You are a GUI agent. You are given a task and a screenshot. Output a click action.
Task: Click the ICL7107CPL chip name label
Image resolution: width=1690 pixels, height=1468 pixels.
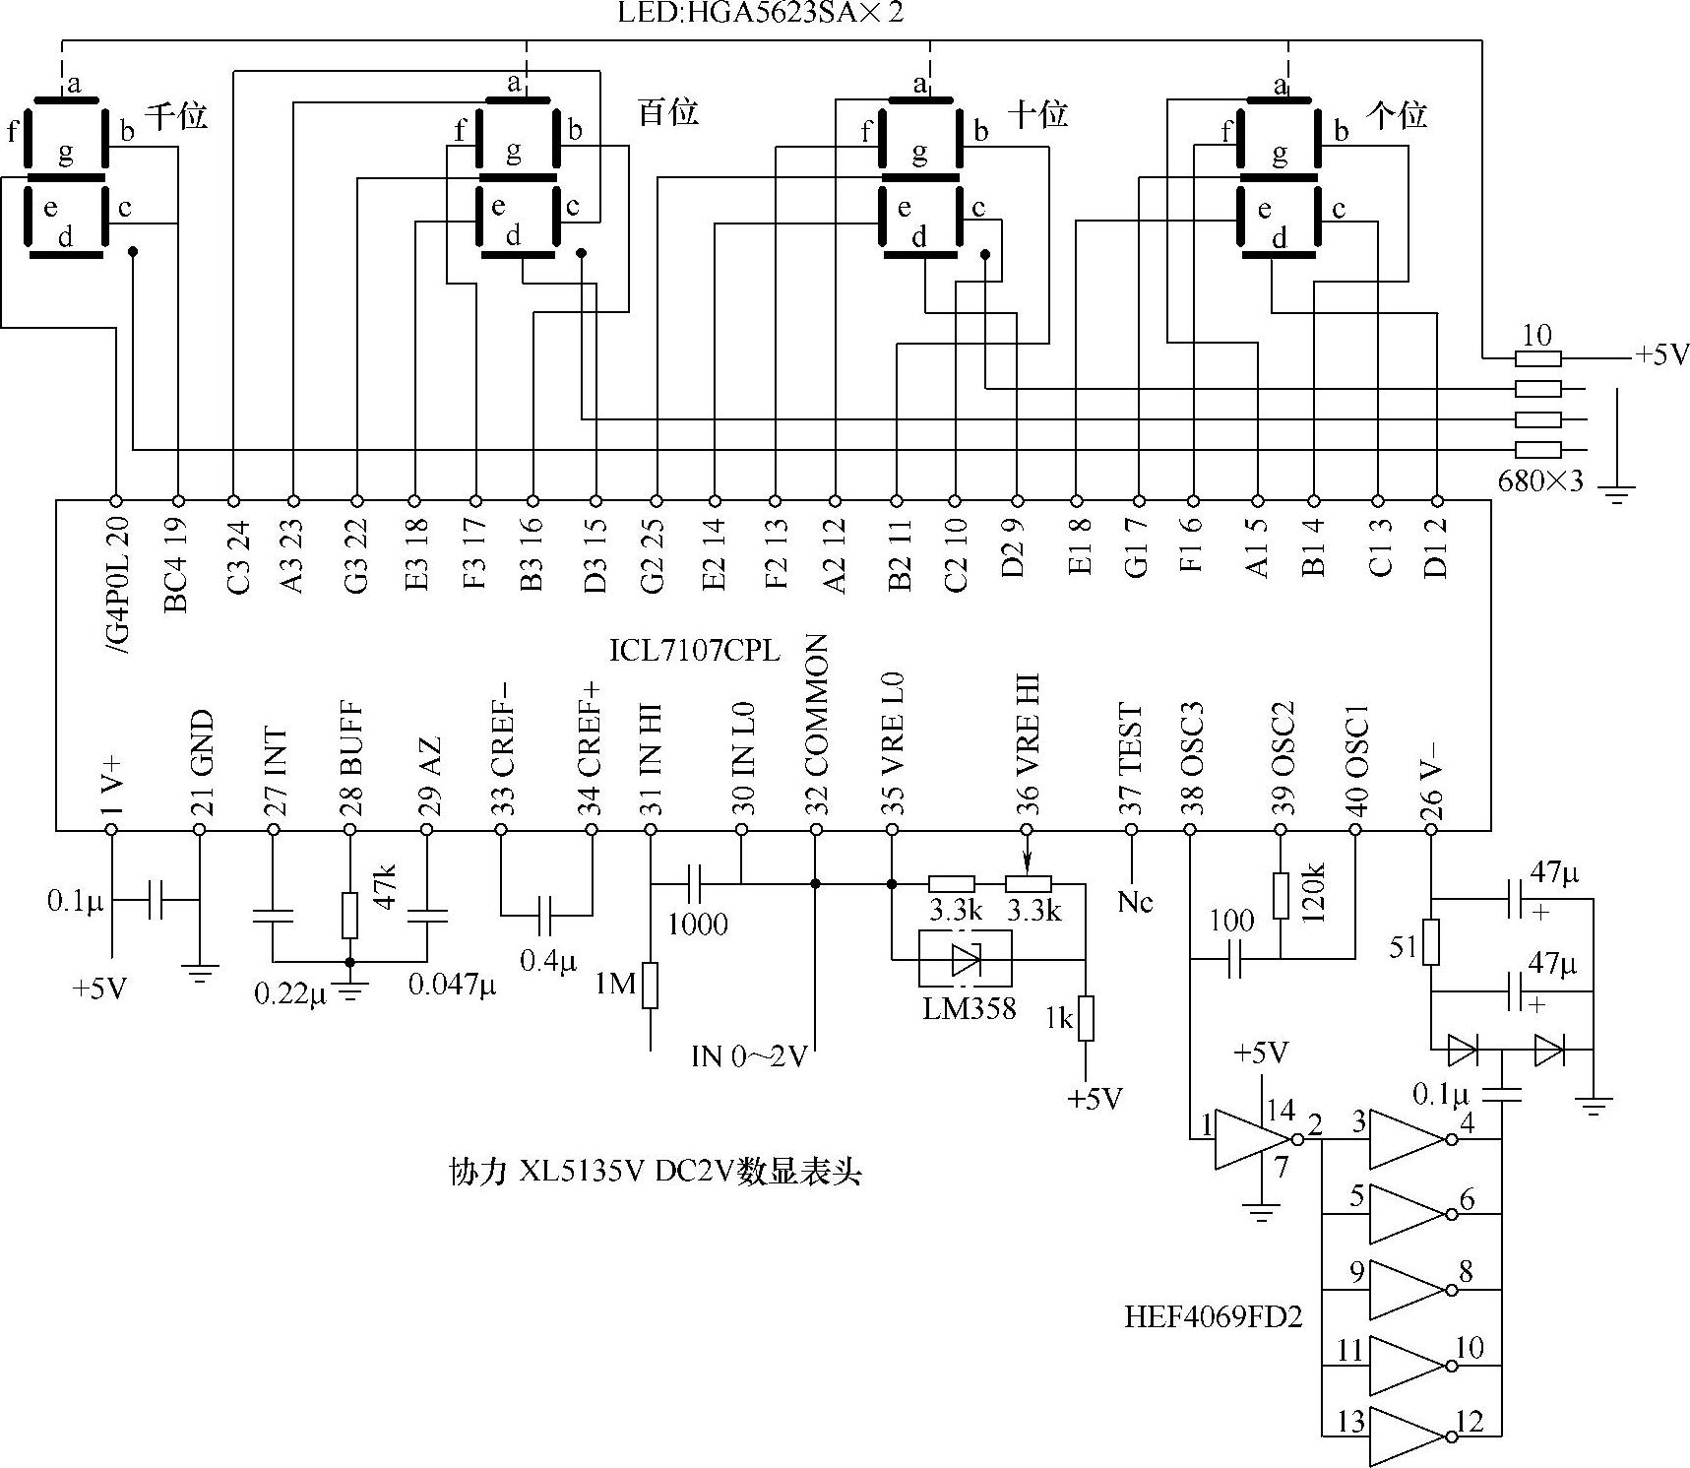coord(694,651)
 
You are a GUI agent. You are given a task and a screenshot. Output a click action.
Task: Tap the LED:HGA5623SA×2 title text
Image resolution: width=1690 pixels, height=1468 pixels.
coord(759,14)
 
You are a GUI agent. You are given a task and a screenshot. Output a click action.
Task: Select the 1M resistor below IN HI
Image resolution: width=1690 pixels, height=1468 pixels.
coord(650,986)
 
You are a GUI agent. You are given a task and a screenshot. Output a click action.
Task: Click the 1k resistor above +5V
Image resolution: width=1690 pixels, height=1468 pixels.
coord(1085,1019)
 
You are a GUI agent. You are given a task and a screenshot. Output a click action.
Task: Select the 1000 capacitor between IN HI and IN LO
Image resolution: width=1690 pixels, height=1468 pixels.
coord(694,883)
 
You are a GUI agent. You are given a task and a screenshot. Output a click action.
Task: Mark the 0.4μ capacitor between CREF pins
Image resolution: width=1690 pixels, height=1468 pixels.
coord(546,915)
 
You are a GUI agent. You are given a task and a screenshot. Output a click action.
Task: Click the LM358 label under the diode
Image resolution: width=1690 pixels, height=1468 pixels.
coord(969,1008)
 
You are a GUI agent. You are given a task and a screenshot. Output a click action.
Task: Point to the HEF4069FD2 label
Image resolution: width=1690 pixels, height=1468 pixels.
coord(1213,1317)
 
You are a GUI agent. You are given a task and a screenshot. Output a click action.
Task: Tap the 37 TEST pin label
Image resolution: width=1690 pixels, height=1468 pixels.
coord(1131,765)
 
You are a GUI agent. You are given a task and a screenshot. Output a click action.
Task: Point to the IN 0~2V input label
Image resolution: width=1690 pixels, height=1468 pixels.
coord(748,1056)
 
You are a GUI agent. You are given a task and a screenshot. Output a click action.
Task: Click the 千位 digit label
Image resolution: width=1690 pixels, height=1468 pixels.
coord(177,116)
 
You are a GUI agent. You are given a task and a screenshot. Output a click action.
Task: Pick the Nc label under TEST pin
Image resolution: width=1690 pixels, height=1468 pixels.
coord(1134,901)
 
